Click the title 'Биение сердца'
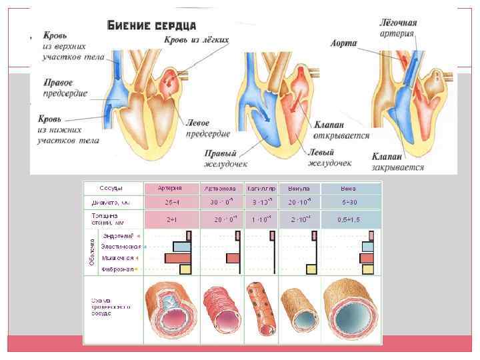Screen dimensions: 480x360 click(151, 25)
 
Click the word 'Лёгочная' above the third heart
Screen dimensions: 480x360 click(399, 23)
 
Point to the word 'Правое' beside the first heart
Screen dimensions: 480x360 click(59, 83)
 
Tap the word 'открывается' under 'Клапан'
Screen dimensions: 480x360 click(341, 135)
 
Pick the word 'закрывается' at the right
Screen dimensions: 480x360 click(397, 167)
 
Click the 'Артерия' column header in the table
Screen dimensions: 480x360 click(169, 188)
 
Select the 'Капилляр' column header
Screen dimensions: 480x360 click(261, 188)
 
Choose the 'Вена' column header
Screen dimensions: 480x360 click(351, 188)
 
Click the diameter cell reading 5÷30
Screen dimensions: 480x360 click(351, 201)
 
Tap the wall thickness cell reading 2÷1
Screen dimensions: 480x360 click(169, 219)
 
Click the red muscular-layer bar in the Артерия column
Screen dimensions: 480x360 click(178, 258)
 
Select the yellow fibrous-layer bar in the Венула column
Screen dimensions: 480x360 click(311, 269)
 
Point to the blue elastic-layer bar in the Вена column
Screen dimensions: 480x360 click(367, 247)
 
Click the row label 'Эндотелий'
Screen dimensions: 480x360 click(117, 236)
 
